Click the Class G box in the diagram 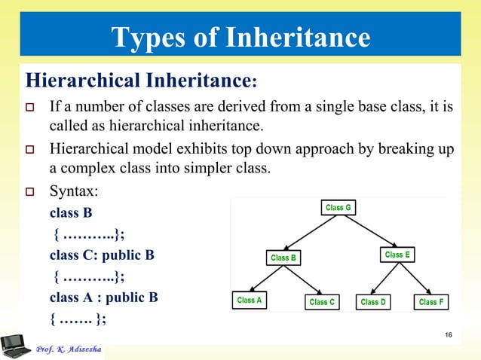click(x=337, y=207)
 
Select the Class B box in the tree click(x=283, y=258)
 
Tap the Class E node click(x=397, y=255)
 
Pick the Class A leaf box click(x=249, y=301)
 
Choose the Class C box click(x=323, y=302)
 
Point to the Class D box click(x=373, y=302)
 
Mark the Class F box click(x=432, y=302)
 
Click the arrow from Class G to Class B click(x=311, y=232)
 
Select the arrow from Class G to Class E click(x=366, y=230)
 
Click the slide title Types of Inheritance click(x=240, y=36)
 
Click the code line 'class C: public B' click(x=102, y=255)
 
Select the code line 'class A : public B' click(x=103, y=297)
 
